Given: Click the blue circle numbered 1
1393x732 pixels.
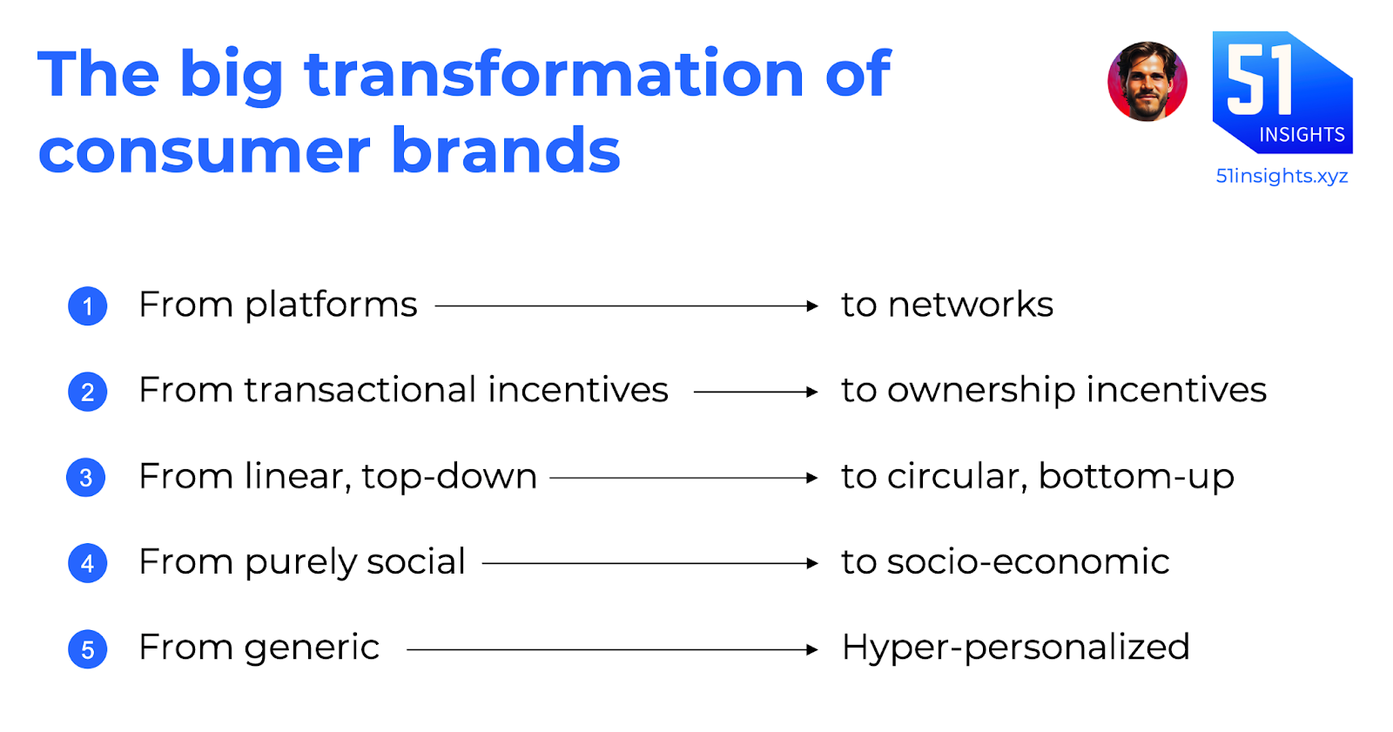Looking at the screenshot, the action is [88, 306].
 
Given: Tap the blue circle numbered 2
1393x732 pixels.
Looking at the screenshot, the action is [88, 392].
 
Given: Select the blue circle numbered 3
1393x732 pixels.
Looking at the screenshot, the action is [86, 478].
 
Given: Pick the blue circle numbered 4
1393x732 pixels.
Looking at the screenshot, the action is [88, 563].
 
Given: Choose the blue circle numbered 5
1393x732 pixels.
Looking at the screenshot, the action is [88, 649].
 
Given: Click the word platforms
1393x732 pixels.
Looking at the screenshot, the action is [331, 306].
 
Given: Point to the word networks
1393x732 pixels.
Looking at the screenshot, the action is [971, 305].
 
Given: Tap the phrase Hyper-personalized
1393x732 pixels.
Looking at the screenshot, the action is [1015, 648].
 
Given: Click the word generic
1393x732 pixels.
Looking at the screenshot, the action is [312, 649].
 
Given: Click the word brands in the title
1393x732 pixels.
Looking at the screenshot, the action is [506, 149].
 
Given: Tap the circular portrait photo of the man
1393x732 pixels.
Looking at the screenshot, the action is [1147, 82].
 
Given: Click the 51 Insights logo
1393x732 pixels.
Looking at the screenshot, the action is [1282, 92].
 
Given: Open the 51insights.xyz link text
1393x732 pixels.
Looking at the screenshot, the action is [1282, 176].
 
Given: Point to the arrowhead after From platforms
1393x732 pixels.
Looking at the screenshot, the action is [812, 306].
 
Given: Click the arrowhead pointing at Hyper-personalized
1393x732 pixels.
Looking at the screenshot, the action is [812, 650].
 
